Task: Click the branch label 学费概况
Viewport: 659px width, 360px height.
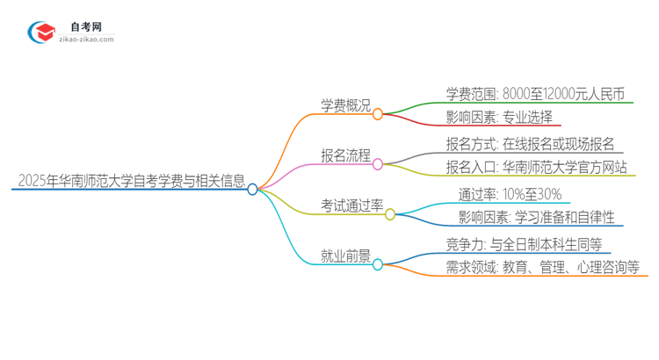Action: tap(344, 105)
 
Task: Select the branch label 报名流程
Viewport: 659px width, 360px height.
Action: tap(344, 155)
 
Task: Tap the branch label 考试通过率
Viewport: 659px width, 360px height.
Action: tap(351, 205)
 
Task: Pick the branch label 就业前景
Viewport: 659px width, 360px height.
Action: tap(344, 256)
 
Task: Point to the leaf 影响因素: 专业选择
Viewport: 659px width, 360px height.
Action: tap(498, 117)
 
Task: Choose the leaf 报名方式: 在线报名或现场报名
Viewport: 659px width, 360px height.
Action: tap(530, 144)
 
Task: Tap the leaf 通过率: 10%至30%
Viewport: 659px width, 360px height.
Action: tap(510, 194)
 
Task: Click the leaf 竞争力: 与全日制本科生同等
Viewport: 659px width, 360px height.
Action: tap(523, 244)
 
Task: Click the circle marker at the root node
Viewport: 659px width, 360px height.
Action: tap(253, 189)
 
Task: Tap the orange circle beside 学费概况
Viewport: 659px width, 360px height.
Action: tap(378, 114)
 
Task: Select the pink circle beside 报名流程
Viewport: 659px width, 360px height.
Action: tap(378, 164)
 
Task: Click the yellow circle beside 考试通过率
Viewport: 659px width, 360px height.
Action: tap(391, 214)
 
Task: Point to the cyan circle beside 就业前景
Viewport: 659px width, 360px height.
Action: tap(378, 264)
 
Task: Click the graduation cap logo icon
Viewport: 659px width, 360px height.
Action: tap(40, 32)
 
